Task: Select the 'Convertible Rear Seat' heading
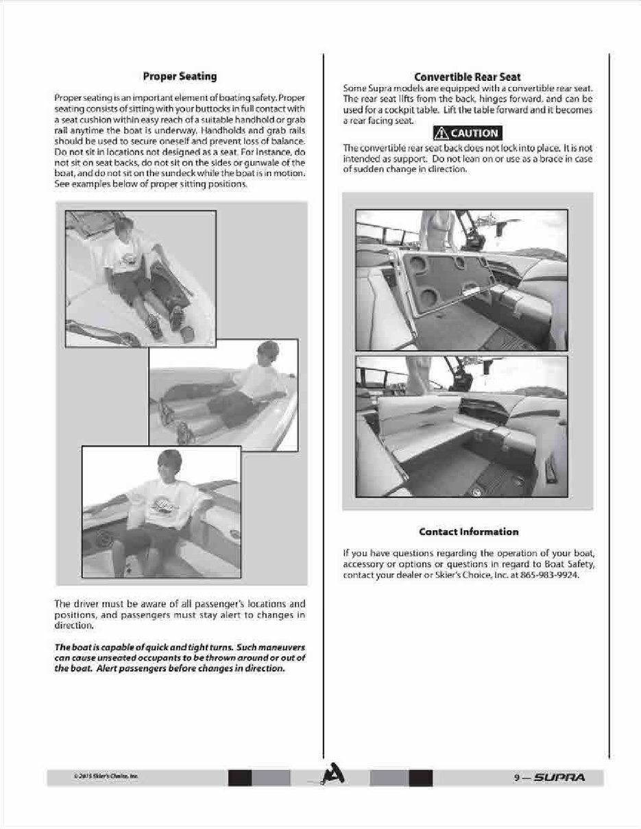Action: [x=468, y=77]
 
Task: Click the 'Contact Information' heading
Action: [x=468, y=532]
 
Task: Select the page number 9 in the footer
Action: [x=516, y=778]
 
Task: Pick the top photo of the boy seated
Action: [x=140, y=278]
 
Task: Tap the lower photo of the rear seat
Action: [x=461, y=425]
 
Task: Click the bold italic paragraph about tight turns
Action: [x=179, y=658]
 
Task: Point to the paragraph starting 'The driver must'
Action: [x=179, y=615]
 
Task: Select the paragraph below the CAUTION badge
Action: [x=468, y=158]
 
